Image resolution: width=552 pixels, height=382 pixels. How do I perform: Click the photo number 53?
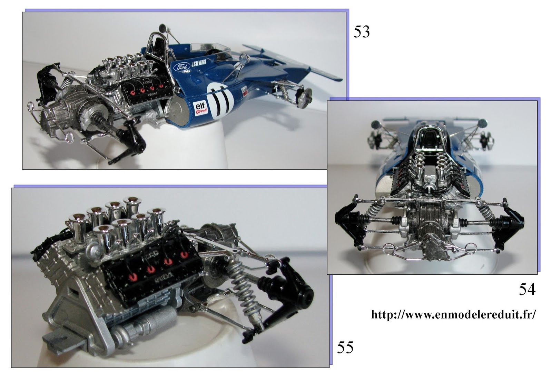362,32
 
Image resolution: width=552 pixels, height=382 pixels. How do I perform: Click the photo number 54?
527,289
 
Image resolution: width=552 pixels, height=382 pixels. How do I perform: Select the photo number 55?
345,347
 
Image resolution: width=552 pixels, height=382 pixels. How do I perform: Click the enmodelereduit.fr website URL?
453,314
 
